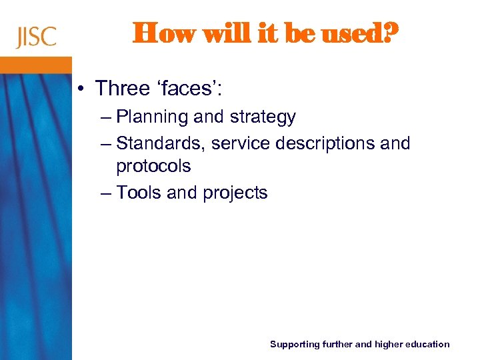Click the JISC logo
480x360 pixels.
pos(37,37)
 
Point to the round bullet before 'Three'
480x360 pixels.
pos(81,89)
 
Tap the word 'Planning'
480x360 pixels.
pos(152,117)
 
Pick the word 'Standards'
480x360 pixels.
pos(161,143)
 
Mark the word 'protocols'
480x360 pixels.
pos(153,165)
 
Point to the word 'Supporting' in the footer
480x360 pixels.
pos(294,345)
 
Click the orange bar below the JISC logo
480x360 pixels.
pos(36,65)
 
